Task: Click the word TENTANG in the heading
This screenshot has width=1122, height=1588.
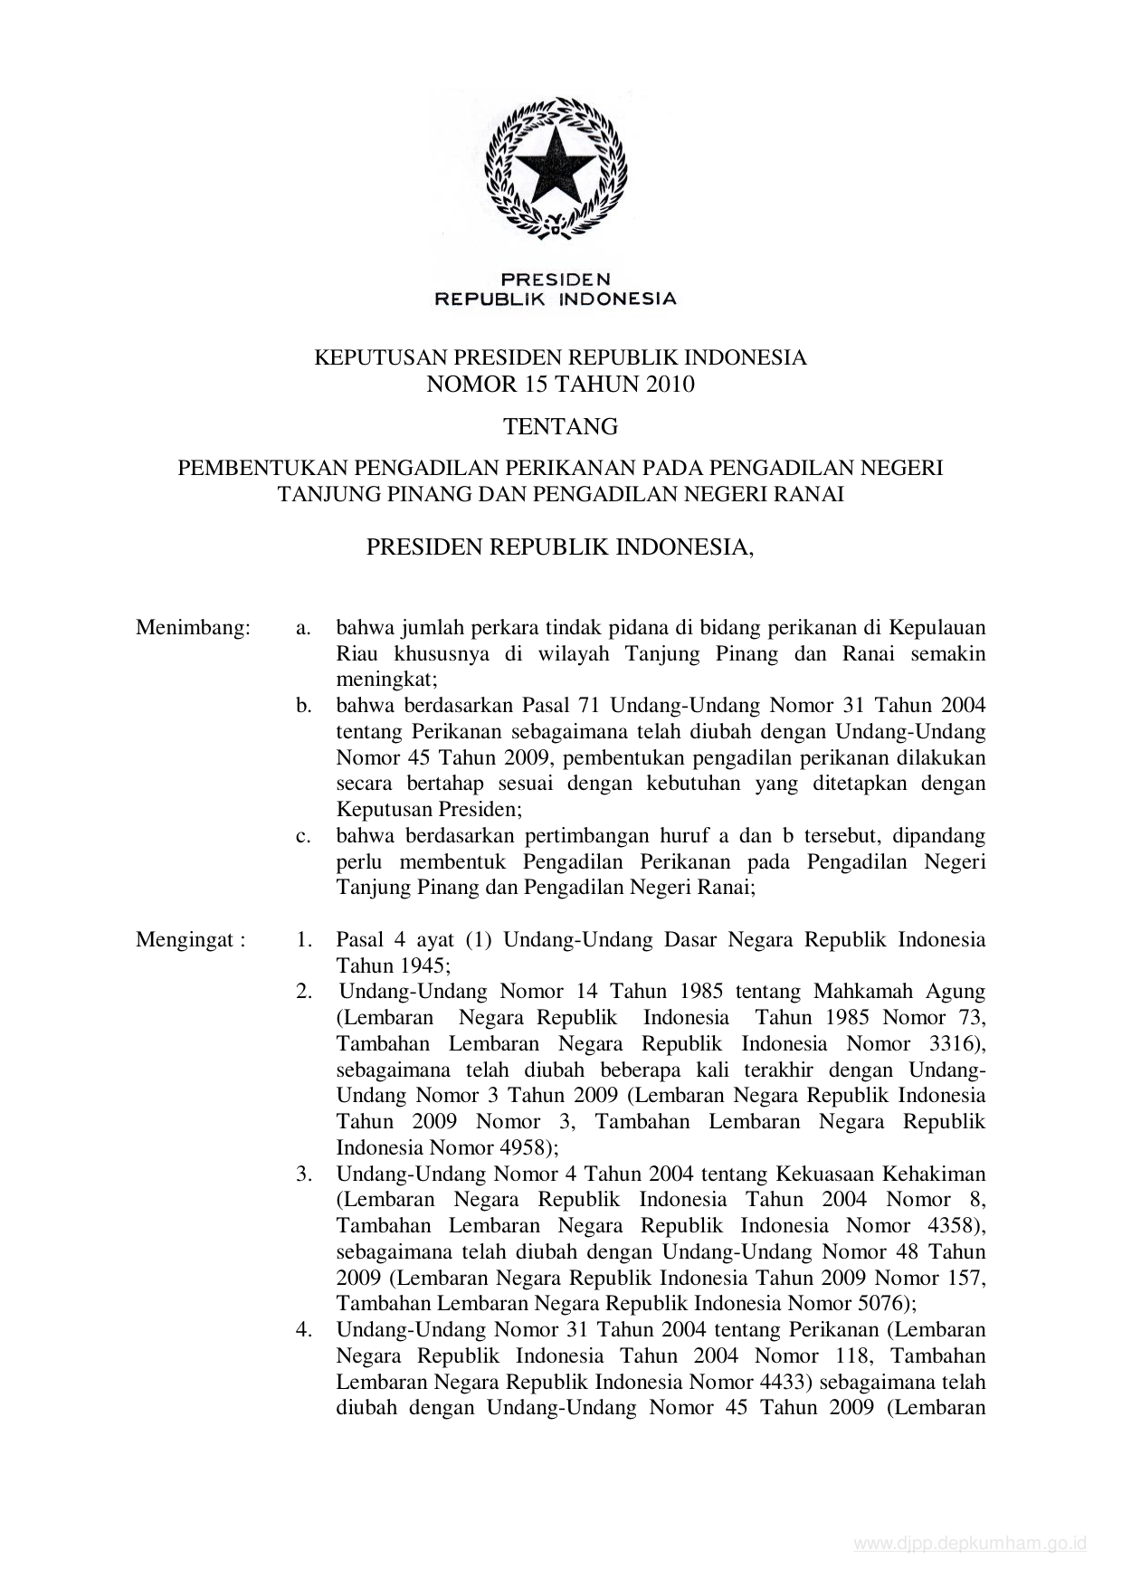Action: (560, 426)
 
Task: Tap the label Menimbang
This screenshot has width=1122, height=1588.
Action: (192, 628)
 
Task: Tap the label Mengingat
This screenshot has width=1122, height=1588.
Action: (189, 939)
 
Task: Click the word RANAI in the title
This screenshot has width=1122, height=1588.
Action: (812, 494)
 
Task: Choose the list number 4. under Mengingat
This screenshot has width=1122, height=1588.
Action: (304, 1329)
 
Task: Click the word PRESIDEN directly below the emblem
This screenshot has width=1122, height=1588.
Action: (556, 280)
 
